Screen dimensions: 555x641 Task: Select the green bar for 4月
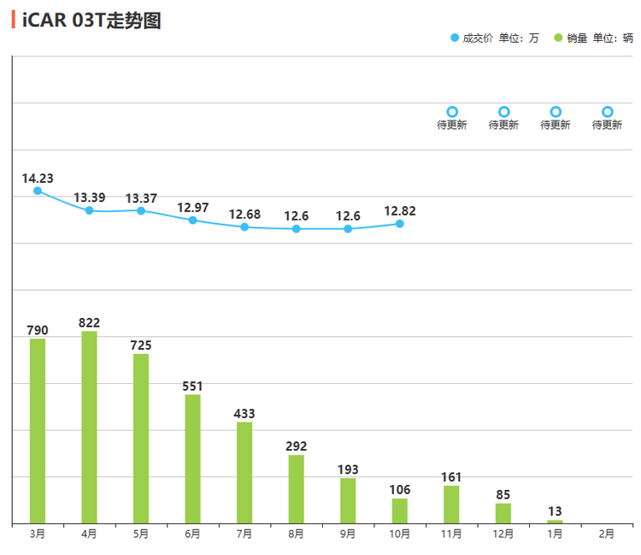coord(89,427)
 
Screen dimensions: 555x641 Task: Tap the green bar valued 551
coord(192,458)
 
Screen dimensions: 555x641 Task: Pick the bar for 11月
coord(451,504)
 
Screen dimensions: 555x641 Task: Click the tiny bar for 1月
coord(555,521)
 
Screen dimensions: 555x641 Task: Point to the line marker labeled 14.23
coord(38,191)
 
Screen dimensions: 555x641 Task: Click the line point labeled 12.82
coord(399,224)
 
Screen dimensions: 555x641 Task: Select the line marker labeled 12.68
coord(244,227)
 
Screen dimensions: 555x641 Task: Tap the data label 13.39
coord(89,198)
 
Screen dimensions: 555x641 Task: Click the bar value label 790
coord(38,330)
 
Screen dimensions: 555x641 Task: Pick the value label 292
coord(296,446)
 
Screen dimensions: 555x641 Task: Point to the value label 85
coord(503,494)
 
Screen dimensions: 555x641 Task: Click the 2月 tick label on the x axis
coord(606,534)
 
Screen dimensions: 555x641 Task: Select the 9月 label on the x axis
coord(348,534)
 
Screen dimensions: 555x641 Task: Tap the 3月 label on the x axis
coord(38,534)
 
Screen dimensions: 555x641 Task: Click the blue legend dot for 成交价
coord(454,38)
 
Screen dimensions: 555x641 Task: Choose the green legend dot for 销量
coord(558,38)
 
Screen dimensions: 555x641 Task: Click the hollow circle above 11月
coord(452,112)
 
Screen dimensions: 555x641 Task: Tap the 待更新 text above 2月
coord(607,125)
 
